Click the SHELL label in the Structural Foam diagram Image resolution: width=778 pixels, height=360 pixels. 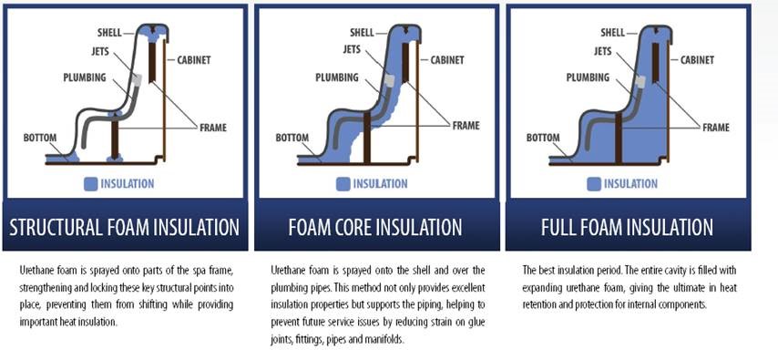[x=109, y=34]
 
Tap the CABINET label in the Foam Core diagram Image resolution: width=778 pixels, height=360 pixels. [x=447, y=60]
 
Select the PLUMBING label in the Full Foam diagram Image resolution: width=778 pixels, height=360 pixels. [x=588, y=77]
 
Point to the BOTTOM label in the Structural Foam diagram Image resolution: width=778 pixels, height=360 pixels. [x=40, y=138]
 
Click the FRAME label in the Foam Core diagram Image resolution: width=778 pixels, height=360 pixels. [x=466, y=125]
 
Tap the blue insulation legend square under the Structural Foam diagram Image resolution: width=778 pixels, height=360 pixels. [x=91, y=184]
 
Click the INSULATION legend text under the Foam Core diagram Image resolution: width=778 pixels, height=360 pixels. [x=380, y=184]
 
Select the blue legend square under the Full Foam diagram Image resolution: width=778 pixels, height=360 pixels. [x=594, y=184]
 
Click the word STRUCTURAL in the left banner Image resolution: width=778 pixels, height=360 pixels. [x=56, y=228]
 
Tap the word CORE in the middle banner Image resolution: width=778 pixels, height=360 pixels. [x=351, y=228]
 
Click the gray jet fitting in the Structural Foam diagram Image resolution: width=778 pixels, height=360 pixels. [x=138, y=79]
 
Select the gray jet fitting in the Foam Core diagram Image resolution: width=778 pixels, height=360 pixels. [x=390, y=80]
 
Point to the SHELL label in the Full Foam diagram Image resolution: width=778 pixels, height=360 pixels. [x=613, y=33]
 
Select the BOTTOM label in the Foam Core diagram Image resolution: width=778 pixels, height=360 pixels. [x=292, y=138]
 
